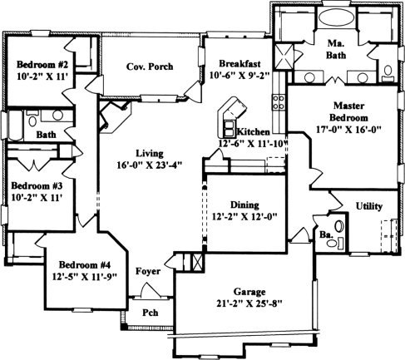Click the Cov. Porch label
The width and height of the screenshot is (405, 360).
click(150, 67)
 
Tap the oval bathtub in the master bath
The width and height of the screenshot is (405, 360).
click(336, 17)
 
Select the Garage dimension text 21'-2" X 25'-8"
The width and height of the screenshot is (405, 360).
click(249, 303)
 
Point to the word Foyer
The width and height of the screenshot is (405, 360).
click(148, 271)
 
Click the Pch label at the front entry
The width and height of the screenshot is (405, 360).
click(151, 313)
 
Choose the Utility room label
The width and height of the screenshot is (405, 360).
click(369, 206)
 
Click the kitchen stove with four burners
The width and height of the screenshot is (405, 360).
click(279, 101)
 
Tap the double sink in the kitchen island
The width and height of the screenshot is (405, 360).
click(229, 129)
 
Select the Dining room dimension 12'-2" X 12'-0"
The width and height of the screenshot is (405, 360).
click(244, 216)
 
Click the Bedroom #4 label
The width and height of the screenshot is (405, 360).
click(85, 264)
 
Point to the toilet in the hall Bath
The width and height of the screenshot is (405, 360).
click(32, 119)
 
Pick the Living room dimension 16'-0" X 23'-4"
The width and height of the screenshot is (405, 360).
click(149, 165)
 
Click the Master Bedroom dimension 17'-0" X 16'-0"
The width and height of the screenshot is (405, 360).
click(349, 130)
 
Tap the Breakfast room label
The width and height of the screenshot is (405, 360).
click(240, 63)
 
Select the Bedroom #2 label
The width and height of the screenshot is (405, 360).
click(42, 65)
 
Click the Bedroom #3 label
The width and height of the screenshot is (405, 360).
click(37, 185)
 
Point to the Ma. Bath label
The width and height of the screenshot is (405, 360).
click(336, 49)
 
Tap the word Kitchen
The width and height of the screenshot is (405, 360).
click(254, 132)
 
